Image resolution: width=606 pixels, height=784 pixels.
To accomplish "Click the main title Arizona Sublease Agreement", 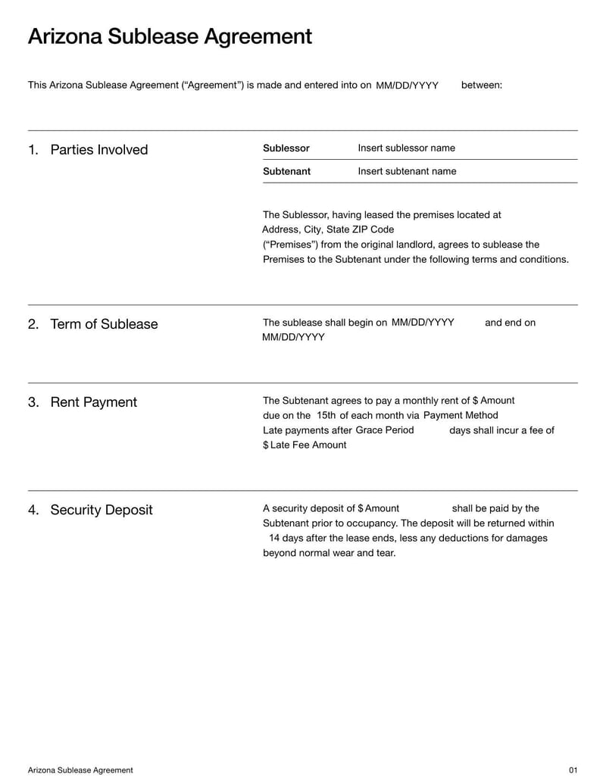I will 170,36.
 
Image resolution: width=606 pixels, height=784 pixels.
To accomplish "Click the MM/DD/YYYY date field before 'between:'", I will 407,86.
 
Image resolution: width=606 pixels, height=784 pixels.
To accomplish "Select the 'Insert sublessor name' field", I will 406,148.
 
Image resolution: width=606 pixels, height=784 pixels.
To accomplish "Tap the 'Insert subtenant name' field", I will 407,171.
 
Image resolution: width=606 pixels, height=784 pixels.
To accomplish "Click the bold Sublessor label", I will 286,148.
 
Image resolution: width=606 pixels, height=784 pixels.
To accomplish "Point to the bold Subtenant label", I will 286,171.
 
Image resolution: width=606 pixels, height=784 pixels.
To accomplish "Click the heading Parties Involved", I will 98,149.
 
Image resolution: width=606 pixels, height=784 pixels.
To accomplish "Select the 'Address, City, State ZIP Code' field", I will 328,230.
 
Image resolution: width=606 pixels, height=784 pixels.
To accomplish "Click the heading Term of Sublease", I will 104,323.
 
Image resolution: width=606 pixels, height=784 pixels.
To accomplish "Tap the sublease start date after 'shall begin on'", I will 423,322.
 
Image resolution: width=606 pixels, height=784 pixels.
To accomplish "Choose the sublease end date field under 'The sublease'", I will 293,337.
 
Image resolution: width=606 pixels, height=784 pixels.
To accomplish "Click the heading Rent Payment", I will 93,402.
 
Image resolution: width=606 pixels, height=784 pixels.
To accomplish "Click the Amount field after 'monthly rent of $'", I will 497,401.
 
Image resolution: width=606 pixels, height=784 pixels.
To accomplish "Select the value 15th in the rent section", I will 326,415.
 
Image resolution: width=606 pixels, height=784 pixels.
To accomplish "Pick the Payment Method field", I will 461,415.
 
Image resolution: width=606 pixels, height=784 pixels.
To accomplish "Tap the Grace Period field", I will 385,429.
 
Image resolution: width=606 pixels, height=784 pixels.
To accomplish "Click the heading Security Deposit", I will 101,510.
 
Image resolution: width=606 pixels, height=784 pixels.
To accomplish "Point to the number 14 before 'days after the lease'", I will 274,538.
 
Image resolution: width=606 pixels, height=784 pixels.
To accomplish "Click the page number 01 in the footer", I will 573,770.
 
